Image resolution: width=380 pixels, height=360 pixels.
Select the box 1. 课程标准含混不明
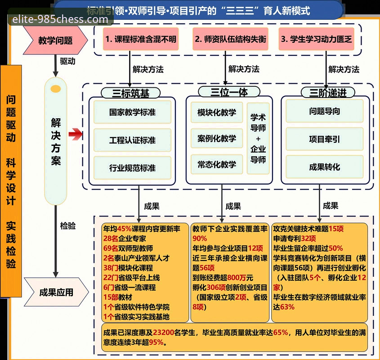click(x=140, y=39)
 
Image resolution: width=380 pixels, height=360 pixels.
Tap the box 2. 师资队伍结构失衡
click(x=230, y=39)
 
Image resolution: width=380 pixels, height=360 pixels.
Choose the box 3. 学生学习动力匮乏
click(x=316, y=39)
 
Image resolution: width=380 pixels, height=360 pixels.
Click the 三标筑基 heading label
click(x=131, y=93)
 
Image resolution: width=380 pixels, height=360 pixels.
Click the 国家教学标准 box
click(x=132, y=112)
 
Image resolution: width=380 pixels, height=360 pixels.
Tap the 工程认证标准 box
click(x=132, y=140)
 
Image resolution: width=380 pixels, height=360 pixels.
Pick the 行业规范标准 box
click(x=132, y=168)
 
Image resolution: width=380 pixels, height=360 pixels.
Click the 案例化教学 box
click(x=216, y=138)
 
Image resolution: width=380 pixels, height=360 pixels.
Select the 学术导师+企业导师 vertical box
click(x=258, y=138)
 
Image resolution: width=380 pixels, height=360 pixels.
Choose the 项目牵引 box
click(x=324, y=139)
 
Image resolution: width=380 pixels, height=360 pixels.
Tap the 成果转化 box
click(x=324, y=167)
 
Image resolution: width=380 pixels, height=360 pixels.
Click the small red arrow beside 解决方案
click(x=76, y=134)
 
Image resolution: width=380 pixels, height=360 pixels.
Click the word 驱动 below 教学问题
click(x=67, y=61)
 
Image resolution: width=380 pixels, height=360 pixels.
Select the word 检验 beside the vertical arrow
click(x=68, y=226)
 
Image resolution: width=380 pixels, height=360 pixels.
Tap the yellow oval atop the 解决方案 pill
click(x=56, y=89)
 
